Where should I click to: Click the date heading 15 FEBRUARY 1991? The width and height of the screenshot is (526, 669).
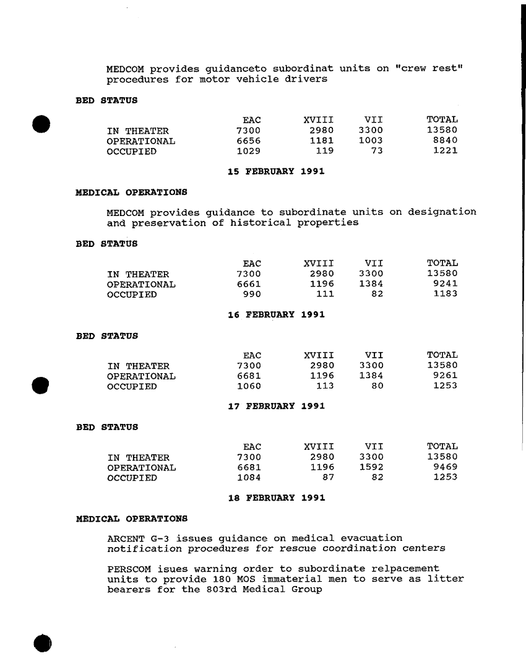tap(276, 171)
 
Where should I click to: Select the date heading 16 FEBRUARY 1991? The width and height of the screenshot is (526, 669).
tap(276, 315)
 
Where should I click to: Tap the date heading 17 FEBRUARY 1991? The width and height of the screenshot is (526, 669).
tap(276, 407)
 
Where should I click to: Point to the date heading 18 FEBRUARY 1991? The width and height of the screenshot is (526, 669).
tap(276, 498)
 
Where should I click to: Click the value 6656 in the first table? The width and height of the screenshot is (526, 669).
tap(249, 140)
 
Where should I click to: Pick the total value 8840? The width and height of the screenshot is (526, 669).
tap(445, 140)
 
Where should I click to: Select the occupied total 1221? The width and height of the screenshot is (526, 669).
tap(445, 150)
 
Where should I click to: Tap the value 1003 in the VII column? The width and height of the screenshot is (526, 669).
tap(371, 140)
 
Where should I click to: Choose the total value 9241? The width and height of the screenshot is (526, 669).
tap(445, 285)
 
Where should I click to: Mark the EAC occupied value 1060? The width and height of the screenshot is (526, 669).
tap(249, 387)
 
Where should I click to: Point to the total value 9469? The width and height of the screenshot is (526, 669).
tap(445, 468)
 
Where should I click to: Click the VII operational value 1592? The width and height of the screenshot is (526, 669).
tap(371, 468)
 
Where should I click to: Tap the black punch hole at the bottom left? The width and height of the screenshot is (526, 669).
tap(42, 642)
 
